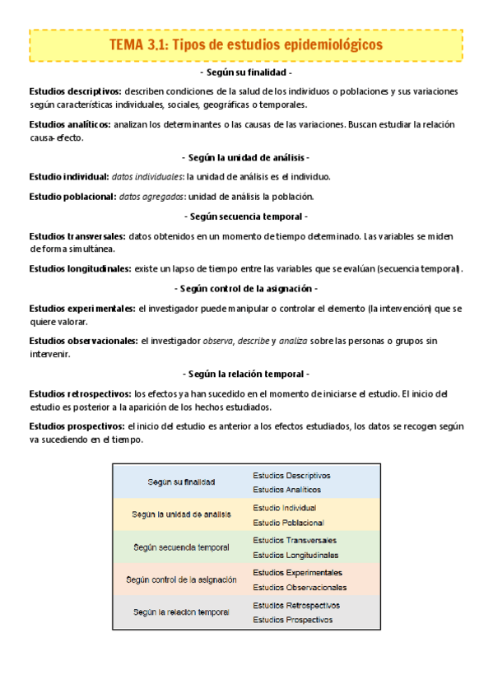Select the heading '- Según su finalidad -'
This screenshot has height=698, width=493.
pos(246,72)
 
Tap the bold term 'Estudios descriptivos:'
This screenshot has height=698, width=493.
pos(75,91)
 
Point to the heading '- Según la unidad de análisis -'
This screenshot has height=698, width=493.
pos(246,157)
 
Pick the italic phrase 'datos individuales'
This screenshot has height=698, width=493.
pos(148,176)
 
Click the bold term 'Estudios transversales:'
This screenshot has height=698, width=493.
pos(77,235)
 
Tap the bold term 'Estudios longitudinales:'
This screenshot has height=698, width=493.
pos(79,268)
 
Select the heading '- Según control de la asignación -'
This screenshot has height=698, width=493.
pos(246,288)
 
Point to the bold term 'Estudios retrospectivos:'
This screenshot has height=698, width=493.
pos(80,393)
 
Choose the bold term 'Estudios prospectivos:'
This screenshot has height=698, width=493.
pos(77,426)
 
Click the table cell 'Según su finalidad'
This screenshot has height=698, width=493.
pos(182,482)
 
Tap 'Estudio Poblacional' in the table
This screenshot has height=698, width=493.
pos(288,522)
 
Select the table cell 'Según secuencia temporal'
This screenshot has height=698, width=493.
pos(182,547)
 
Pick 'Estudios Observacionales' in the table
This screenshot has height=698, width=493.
pos(300,587)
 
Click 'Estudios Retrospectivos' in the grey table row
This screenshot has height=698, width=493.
pos(296,605)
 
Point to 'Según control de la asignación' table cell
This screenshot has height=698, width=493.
pos(182,579)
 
